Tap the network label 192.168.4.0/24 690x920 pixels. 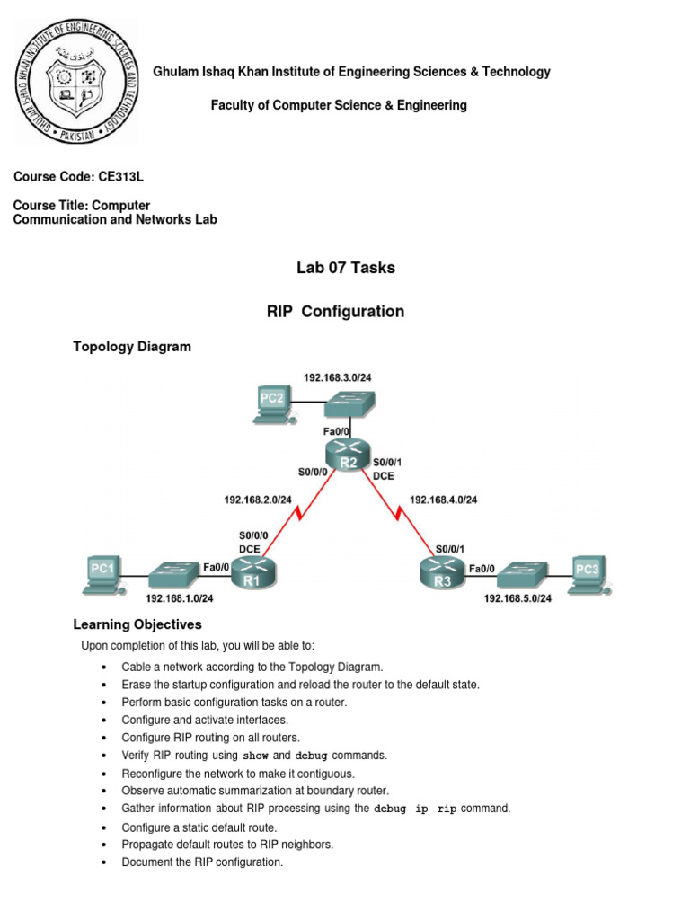click(x=444, y=499)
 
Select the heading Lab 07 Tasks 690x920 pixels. click(x=345, y=268)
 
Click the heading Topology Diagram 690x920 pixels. click(x=131, y=347)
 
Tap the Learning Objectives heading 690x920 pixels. click(x=137, y=624)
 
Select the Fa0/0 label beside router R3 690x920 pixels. click(x=481, y=568)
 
